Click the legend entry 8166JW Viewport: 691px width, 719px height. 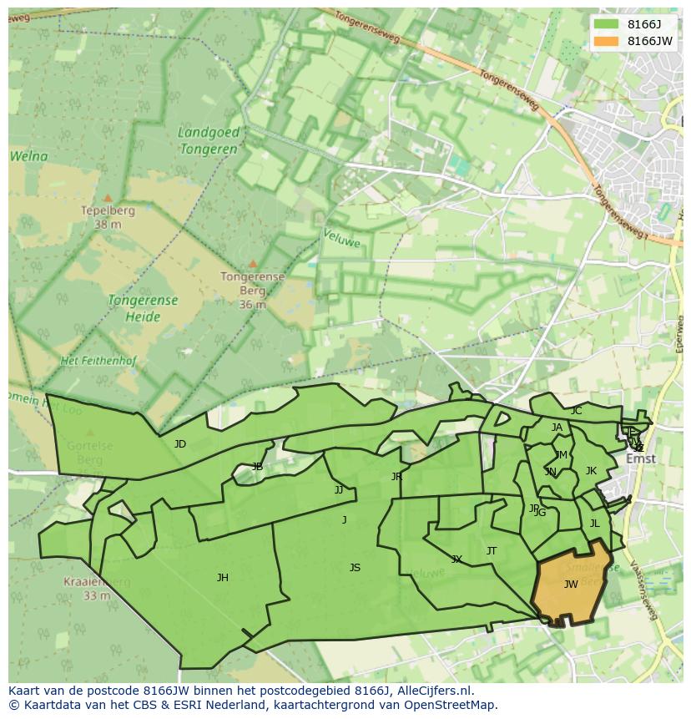click(649, 41)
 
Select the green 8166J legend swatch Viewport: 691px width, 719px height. click(607, 24)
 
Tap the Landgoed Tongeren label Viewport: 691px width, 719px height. click(209, 140)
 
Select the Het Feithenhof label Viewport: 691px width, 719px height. click(98, 361)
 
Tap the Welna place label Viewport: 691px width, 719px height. click(28, 156)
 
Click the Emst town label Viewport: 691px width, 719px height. click(641, 458)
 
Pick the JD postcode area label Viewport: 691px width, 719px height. click(180, 444)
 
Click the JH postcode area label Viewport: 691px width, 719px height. click(223, 578)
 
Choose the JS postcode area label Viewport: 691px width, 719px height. click(355, 568)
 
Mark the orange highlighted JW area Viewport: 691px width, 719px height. click(571, 585)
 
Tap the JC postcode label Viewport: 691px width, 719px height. click(576, 411)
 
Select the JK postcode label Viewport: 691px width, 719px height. click(591, 471)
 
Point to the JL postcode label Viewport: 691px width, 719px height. click(594, 524)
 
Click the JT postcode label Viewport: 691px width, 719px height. click(492, 551)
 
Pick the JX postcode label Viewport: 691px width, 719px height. click(456, 560)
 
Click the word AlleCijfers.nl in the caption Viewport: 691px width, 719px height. click(435, 691)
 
